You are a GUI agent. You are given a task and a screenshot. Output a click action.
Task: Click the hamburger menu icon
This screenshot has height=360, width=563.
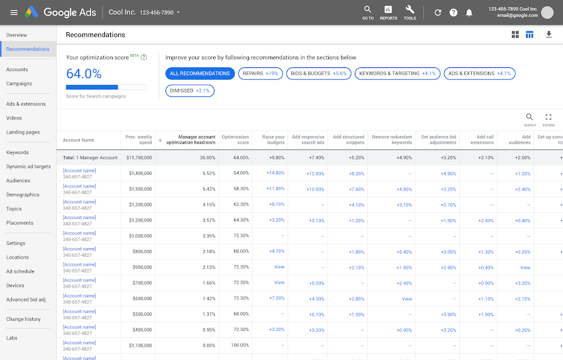pos(14,13)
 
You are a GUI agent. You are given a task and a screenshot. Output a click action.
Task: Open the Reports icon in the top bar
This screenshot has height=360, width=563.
pos(388,10)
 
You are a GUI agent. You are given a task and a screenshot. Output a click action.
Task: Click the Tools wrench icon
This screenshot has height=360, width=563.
pos(410,10)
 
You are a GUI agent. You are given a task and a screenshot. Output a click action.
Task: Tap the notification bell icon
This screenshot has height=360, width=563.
pos(469,13)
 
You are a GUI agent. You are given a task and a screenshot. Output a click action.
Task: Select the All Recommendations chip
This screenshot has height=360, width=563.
pos(200,74)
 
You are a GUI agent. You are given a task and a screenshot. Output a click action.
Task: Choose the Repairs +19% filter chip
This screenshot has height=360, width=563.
pos(260,74)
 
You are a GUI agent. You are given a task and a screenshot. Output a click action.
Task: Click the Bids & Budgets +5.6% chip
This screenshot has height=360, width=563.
pos(318,74)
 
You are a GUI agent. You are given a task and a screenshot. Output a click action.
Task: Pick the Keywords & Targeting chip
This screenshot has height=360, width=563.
pos(398,74)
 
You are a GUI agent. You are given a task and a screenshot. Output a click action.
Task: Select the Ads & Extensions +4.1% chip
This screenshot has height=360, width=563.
pos(479,74)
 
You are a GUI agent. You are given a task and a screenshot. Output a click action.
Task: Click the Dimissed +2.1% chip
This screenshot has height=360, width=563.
pos(190,91)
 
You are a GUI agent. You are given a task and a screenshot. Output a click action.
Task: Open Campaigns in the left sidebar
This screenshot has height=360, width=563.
pos(19,84)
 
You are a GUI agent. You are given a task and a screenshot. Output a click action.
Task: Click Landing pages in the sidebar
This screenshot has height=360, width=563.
pos(23,132)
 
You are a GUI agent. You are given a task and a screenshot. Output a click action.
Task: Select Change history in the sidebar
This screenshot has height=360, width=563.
pos(23,319)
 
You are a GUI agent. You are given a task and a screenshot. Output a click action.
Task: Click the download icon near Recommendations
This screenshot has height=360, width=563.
pos(549,35)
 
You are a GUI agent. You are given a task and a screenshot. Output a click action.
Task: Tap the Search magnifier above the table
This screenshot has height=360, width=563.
pos(530,117)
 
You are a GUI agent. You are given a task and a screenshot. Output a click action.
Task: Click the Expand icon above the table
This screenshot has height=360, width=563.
pos(549,117)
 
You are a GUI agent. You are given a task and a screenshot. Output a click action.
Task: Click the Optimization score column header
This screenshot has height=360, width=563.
pos(235,140)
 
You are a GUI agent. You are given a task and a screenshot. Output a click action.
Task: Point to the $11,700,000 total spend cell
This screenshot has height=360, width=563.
pos(139,157)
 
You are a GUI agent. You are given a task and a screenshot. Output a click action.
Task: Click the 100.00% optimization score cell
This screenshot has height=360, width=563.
pos(239,346)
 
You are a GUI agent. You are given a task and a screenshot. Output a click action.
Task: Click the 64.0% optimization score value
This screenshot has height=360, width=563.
pos(84,74)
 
